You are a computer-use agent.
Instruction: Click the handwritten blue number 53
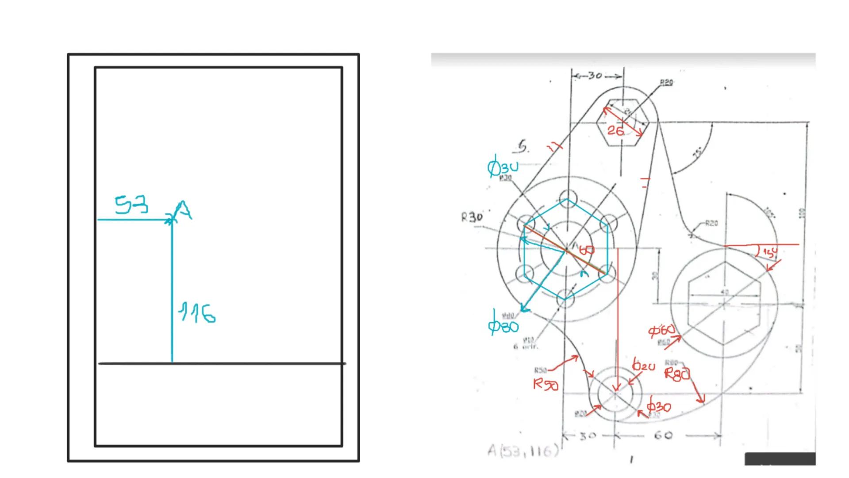[x=131, y=205]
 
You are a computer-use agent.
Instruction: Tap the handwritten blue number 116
[x=197, y=313]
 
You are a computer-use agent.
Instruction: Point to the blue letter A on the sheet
[x=183, y=211]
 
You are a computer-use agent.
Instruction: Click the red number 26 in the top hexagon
[x=615, y=131]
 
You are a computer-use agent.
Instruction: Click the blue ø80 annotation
[x=503, y=326]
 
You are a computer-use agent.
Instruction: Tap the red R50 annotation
[x=546, y=384]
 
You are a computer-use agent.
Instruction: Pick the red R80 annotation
[x=677, y=374]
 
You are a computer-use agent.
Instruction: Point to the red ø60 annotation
[x=661, y=330]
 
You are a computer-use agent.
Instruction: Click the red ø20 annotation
[x=644, y=366]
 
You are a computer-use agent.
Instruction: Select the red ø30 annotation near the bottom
[x=659, y=406]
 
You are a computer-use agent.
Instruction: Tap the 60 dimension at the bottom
[x=663, y=436]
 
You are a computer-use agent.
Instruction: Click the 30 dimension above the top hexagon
[x=595, y=76]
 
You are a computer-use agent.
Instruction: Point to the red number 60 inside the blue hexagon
[x=587, y=251]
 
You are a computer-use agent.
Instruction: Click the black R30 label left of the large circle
[x=472, y=217]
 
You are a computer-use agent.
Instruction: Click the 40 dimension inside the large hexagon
[x=724, y=292]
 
